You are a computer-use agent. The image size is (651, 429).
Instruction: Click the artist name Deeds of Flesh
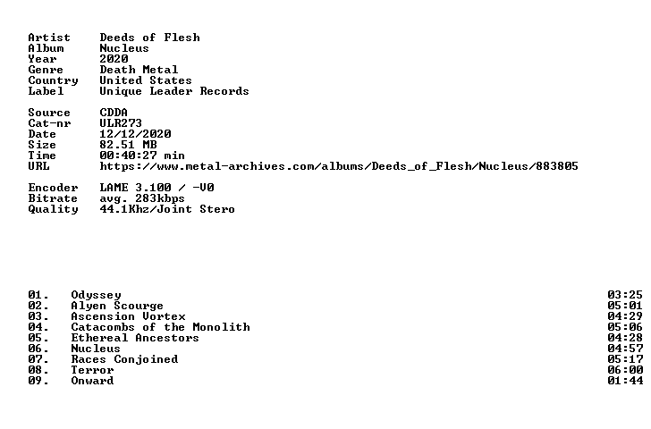150,38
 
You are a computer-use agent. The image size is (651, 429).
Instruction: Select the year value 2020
114,59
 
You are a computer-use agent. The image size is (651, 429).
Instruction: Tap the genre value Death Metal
139,70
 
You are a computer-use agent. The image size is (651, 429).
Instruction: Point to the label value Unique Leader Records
174,91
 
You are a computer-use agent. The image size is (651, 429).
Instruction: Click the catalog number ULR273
121,123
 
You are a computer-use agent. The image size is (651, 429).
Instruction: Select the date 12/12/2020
135,134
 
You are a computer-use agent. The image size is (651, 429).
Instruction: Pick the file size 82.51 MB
128,145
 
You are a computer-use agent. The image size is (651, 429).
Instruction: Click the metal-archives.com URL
339,166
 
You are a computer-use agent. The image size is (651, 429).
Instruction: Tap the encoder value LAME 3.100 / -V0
157,188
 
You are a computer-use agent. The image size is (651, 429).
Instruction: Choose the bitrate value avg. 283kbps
142,198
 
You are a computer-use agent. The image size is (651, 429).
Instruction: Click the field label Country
53,81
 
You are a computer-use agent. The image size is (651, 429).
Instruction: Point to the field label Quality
53,209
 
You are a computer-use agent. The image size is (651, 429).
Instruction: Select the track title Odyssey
96,296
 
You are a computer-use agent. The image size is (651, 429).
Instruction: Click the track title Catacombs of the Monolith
161,327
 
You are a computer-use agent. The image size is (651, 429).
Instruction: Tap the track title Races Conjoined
124,359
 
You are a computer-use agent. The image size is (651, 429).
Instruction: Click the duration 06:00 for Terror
625,370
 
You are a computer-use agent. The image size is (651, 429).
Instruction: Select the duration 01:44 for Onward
625,381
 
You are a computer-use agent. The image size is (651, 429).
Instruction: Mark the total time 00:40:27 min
142,156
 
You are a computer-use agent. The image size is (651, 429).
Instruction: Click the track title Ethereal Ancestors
135,338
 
